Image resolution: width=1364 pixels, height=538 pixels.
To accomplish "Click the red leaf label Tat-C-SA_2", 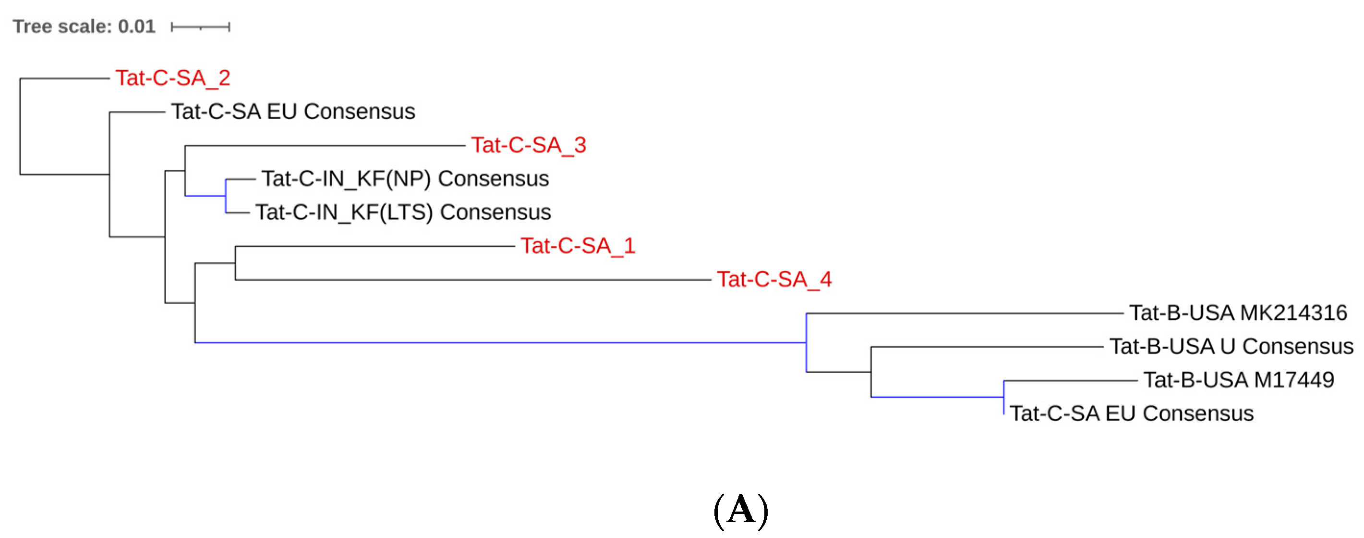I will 173,78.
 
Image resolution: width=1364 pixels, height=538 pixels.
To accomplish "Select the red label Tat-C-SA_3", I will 529,145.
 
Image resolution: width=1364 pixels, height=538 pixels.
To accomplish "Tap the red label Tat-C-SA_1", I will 578,246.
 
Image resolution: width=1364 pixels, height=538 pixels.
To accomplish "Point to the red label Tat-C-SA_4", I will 774,279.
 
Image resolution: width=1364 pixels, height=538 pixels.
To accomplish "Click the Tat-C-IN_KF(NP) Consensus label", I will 405,179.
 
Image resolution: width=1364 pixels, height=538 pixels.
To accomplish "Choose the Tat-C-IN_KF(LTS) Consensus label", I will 403,213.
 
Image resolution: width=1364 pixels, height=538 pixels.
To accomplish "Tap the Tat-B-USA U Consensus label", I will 1231,347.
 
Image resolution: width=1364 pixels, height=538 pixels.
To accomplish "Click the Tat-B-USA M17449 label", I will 1239,380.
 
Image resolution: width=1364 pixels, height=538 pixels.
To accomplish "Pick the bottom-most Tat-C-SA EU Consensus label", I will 1132,414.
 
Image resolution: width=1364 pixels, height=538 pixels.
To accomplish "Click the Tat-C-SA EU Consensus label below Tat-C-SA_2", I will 293,112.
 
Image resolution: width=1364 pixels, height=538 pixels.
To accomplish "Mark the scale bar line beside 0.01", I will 200,27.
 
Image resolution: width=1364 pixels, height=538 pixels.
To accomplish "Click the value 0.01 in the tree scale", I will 137,26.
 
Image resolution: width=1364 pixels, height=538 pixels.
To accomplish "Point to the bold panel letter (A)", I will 741,510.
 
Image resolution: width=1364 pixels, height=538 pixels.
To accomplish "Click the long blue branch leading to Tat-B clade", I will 500,343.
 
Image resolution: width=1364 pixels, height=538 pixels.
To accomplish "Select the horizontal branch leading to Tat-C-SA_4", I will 473,280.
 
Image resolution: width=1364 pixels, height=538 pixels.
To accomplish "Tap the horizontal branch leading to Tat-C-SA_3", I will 325,145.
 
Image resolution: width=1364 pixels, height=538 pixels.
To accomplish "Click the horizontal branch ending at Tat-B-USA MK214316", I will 964,313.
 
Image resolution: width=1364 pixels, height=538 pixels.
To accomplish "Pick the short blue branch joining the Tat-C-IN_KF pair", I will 205,196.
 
